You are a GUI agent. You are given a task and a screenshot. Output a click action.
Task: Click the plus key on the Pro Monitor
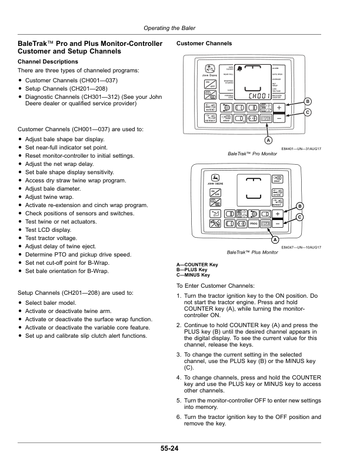click(279, 107)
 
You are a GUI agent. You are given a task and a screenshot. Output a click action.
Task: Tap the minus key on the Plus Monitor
click(276, 224)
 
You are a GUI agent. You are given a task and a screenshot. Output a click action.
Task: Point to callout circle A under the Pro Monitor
click(268, 141)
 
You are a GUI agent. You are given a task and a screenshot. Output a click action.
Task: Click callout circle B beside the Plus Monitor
click(299, 205)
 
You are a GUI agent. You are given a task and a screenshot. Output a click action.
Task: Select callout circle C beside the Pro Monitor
click(307, 112)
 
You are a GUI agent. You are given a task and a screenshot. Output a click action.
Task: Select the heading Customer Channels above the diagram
click(204, 44)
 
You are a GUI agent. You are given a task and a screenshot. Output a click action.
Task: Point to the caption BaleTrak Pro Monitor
click(252, 154)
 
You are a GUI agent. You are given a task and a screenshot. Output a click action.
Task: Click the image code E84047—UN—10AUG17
click(301, 248)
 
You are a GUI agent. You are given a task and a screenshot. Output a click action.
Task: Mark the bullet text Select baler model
click(56, 302)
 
